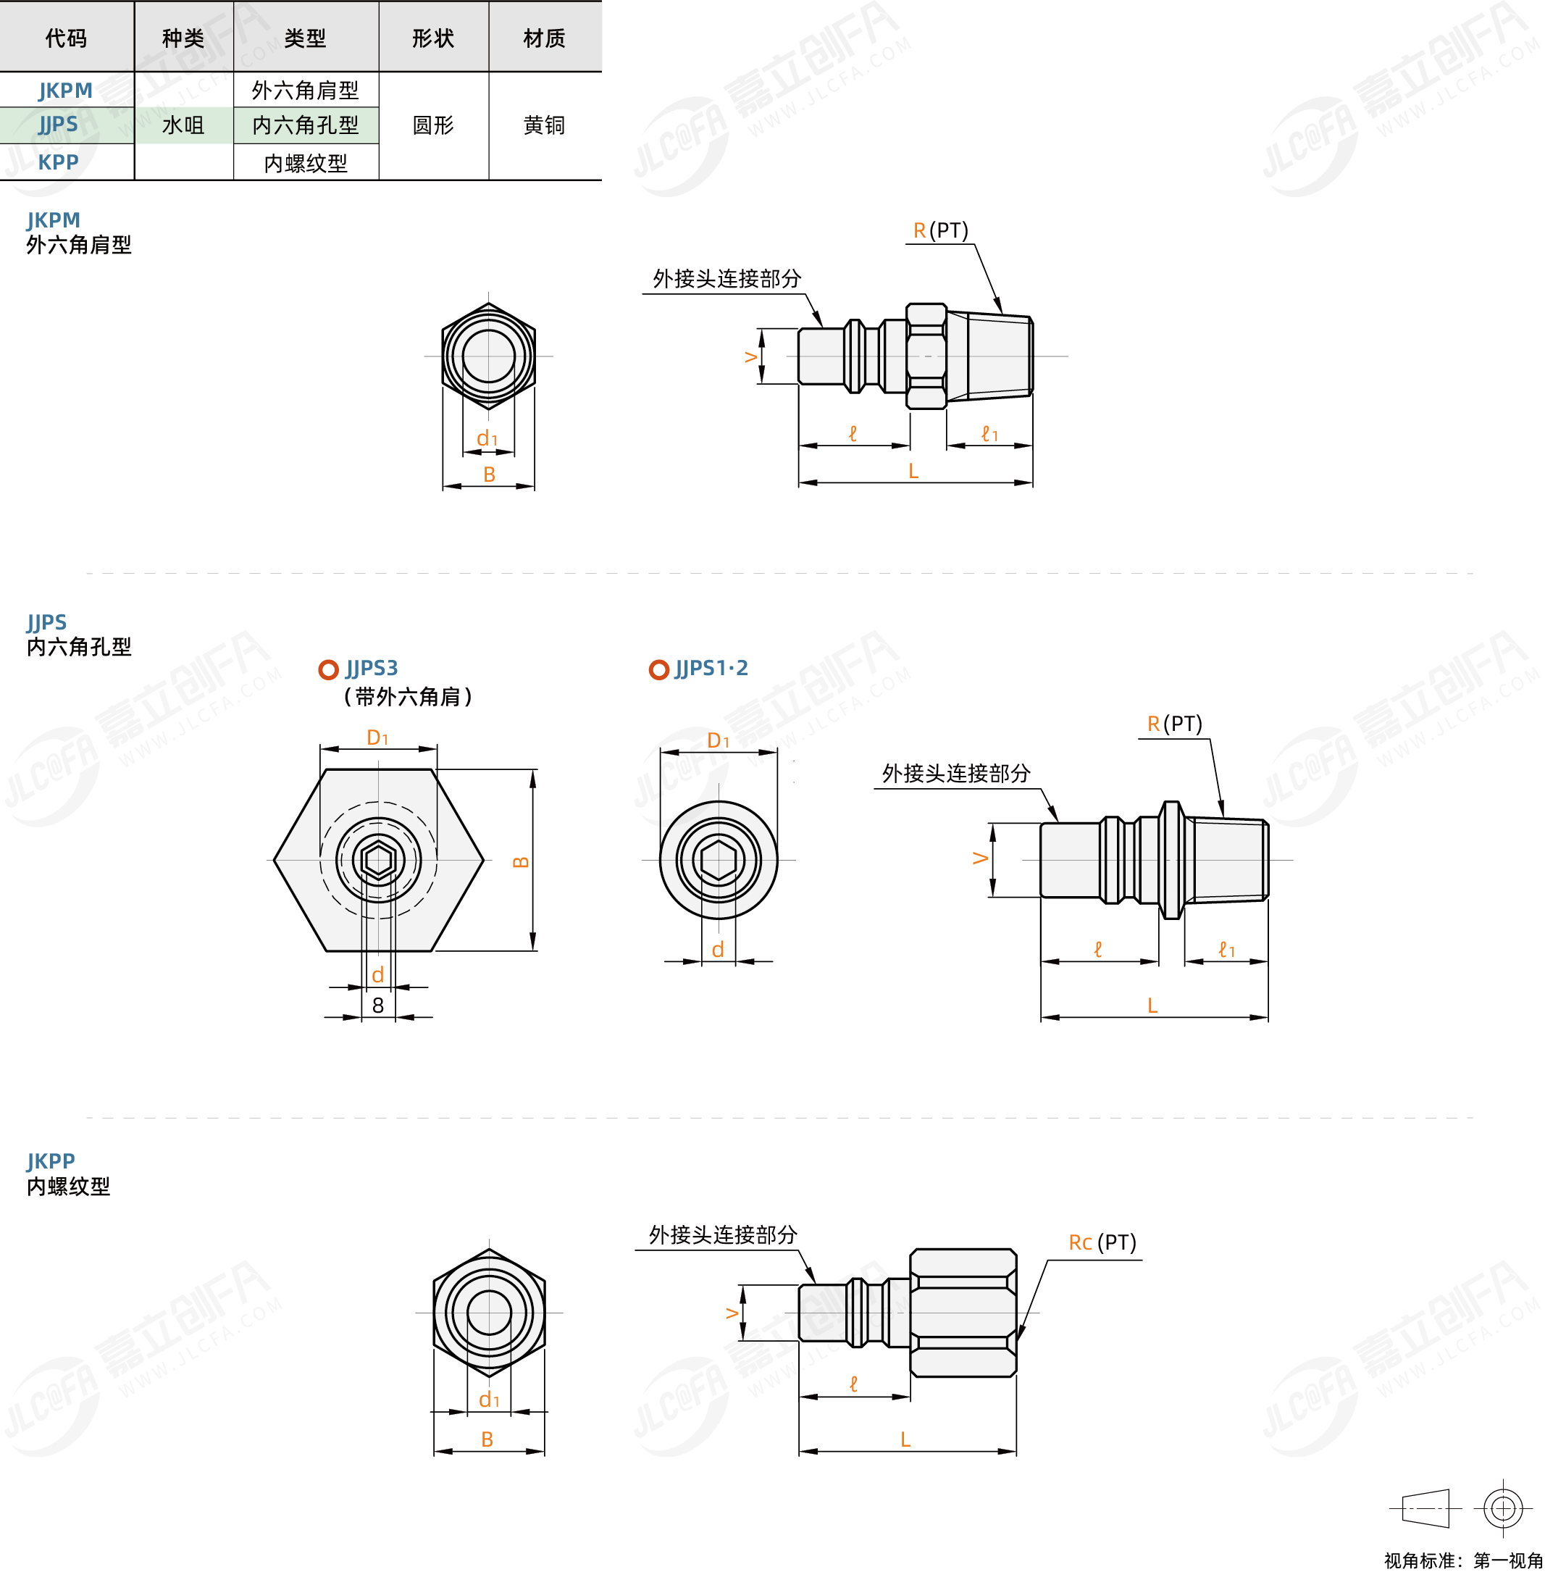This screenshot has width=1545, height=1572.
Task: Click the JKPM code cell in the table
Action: [x=66, y=90]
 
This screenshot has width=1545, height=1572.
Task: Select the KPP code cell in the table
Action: [x=59, y=162]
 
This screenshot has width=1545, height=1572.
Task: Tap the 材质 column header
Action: [x=545, y=38]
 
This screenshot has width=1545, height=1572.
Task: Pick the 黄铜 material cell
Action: [x=545, y=125]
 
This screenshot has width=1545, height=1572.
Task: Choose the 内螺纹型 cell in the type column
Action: [x=306, y=163]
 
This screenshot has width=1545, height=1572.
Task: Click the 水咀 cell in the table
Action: [x=183, y=125]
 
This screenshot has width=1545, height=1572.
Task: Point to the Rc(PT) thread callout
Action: [x=1102, y=1242]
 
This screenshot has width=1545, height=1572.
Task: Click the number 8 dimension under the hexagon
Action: [x=378, y=1006]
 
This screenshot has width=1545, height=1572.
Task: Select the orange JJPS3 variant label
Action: [x=372, y=668]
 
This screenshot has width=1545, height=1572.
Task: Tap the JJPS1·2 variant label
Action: [x=711, y=668]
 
